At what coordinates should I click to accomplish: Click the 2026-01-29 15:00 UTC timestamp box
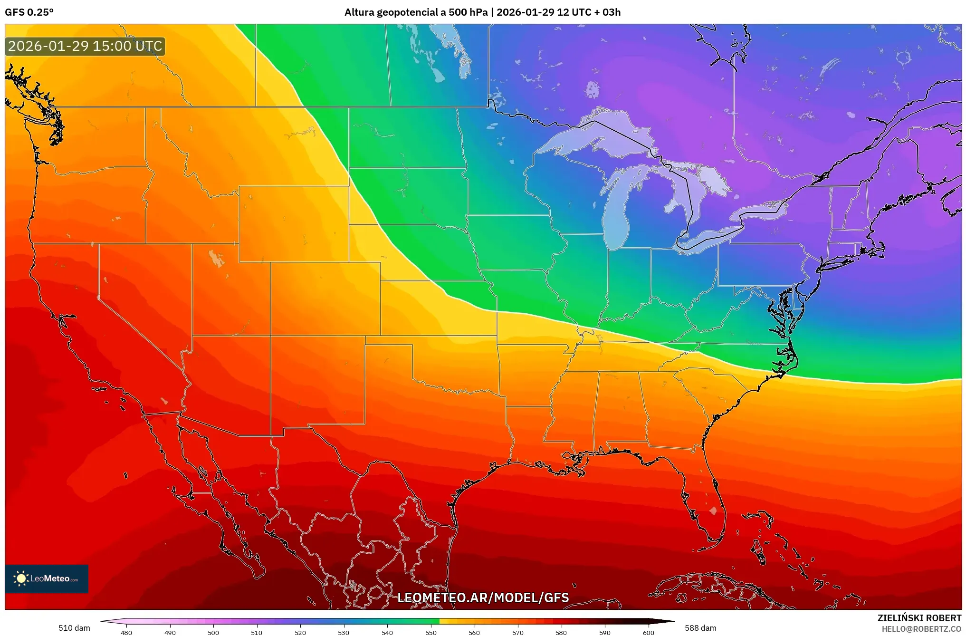(85, 46)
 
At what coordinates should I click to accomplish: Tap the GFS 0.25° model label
(29, 12)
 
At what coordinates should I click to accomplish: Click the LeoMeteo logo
(47, 578)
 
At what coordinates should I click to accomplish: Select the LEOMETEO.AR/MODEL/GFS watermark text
(483, 597)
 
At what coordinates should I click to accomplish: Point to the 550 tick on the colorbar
(431, 633)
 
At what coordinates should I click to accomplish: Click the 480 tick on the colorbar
(126, 633)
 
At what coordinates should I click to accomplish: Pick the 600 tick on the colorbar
(649, 633)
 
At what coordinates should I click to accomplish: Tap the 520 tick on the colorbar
(300, 633)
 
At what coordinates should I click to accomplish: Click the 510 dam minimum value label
(74, 628)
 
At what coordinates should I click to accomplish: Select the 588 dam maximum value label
(700, 628)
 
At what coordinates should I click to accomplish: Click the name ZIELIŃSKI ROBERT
(919, 618)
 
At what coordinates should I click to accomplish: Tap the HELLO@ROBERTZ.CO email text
(921, 629)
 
